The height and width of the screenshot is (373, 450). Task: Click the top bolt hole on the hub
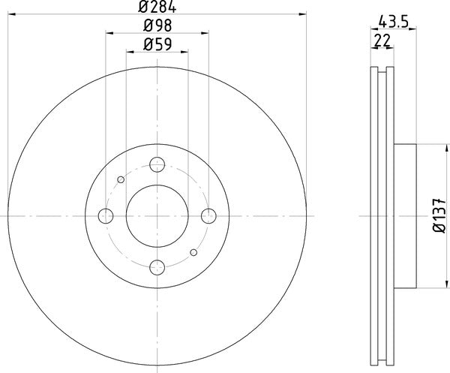click(x=157, y=165)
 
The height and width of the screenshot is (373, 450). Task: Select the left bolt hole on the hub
click(x=106, y=216)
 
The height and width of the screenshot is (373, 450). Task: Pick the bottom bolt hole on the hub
click(x=157, y=266)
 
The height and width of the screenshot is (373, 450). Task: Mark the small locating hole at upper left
click(x=121, y=179)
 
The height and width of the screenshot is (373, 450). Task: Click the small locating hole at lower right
click(x=193, y=252)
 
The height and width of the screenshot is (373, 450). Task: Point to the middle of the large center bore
click(x=157, y=216)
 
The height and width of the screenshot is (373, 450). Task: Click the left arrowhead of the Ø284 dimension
click(x=10, y=14)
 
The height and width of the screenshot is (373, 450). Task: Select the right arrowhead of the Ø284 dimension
click(x=304, y=14)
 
